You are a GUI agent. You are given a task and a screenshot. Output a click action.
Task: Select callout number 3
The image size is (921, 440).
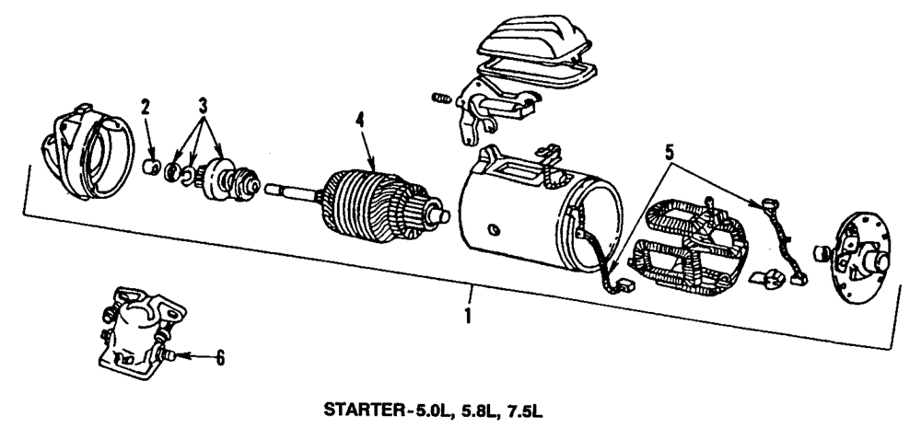click(x=204, y=104)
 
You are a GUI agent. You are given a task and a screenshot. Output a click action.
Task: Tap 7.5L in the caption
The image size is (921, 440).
click(x=528, y=411)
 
